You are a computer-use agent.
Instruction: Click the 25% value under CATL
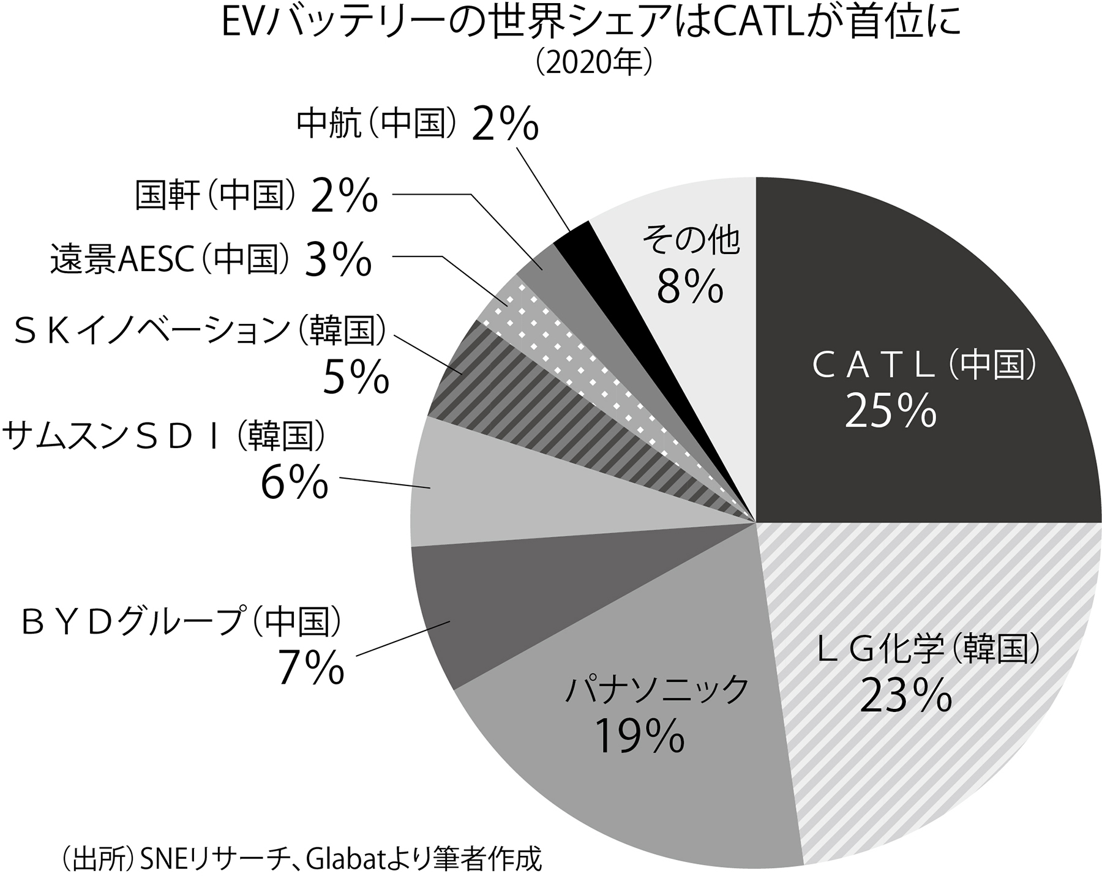pyautogui.click(x=890, y=411)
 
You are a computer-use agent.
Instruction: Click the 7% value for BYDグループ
pyautogui.click(x=311, y=667)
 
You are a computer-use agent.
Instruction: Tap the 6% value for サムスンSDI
pyautogui.click(x=294, y=482)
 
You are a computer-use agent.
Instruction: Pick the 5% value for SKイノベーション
pyautogui.click(x=356, y=377)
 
